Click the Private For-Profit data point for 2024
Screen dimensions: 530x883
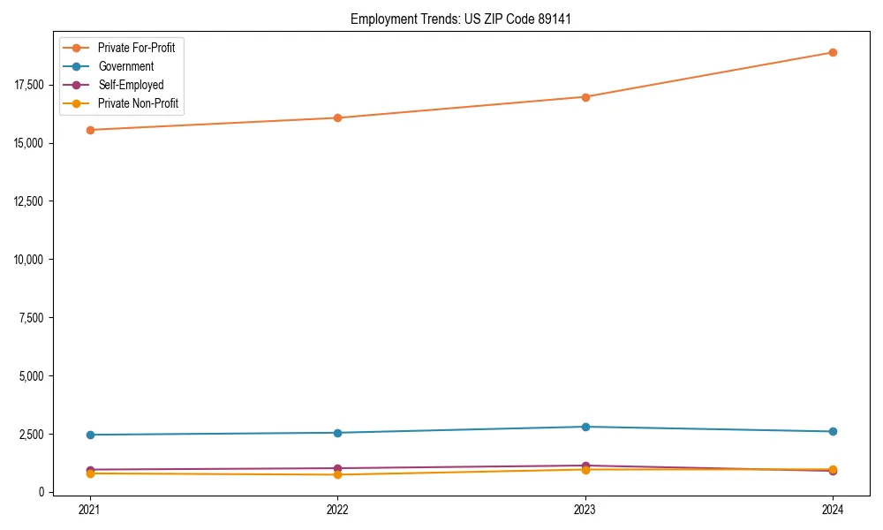pyautogui.click(x=833, y=52)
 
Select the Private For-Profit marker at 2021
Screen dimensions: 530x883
pyautogui.click(x=89, y=130)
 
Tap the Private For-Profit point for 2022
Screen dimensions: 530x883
pyautogui.click(x=337, y=117)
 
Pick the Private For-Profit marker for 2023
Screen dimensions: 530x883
pyautogui.click(x=585, y=97)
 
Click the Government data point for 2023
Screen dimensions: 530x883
pyautogui.click(x=585, y=427)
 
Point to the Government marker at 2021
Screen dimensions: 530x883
pyautogui.click(x=89, y=435)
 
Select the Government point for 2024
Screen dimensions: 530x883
pyautogui.click(x=833, y=431)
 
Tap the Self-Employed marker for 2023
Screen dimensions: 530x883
pyautogui.click(x=585, y=466)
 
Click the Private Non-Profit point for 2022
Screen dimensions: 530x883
pyautogui.click(x=337, y=474)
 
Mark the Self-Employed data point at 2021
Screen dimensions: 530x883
pyautogui.click(x=89, y=470)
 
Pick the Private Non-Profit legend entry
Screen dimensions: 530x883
pyautogui.click(x=138, y=103)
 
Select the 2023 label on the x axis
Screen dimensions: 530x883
pyautogui.click(x=585, y=509)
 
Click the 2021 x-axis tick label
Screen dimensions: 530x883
pyautogui.click(x=89, y=509)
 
